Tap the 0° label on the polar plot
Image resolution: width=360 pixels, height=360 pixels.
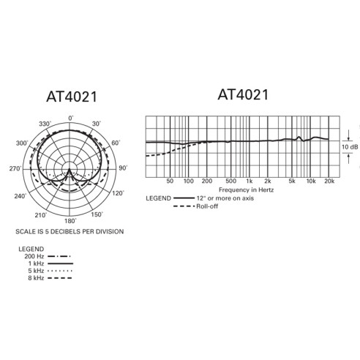point(71,119)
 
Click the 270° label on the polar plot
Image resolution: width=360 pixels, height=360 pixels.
point(15,169)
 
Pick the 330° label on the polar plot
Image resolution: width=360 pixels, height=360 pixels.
point(43,124)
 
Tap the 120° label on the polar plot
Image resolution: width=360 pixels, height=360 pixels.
point(117,194)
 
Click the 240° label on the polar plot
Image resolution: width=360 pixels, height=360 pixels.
point(22,197)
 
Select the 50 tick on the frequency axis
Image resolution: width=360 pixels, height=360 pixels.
point(170,181)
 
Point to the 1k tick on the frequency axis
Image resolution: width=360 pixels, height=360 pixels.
point(250,181)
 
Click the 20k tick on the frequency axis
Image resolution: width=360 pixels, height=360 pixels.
point(329,181)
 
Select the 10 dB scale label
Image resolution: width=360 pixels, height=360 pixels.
point(350,146)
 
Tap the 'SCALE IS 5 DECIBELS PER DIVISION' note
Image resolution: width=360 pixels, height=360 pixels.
point(70,230)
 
